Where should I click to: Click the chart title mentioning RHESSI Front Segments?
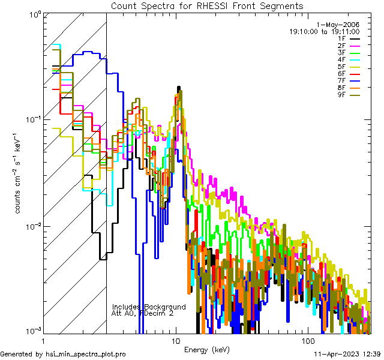pos(207,5)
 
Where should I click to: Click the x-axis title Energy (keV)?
pos(206,350)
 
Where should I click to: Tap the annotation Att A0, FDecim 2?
pos(143,313)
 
